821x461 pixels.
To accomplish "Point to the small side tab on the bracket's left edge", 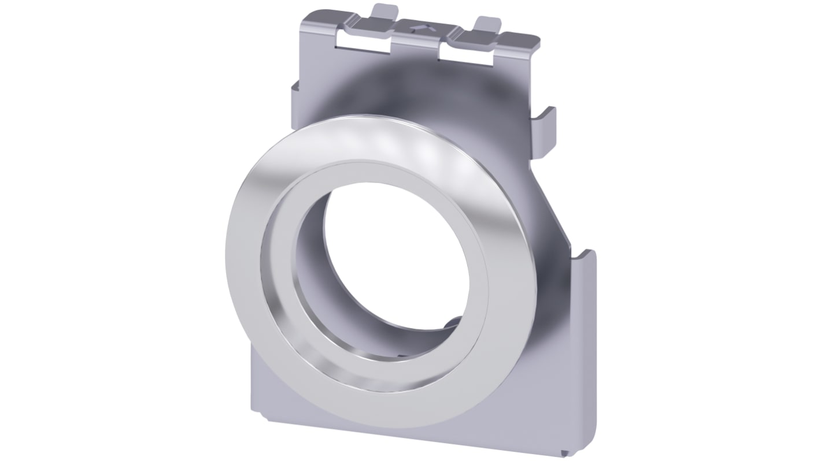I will click(x=295, y=88).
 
